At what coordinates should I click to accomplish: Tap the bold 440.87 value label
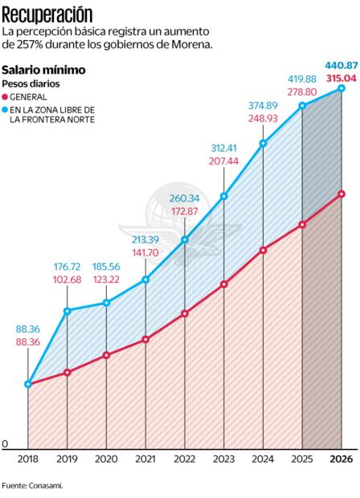(x=341, y=64)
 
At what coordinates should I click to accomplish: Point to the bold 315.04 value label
(x=341, y=77)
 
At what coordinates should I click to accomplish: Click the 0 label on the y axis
(x=5, y=443)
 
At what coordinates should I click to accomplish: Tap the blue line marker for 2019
(x=67, y=310)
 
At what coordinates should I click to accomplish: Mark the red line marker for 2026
(x=342, y=194)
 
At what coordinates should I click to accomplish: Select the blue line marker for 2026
(x=342, y=88)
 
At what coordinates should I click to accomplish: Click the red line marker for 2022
(x=185, y=313)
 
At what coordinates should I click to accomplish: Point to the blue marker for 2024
(x=264, y=144)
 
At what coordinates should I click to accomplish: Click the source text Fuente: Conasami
(x=32, y=485)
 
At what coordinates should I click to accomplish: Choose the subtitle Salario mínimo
(x=43, y=70)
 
